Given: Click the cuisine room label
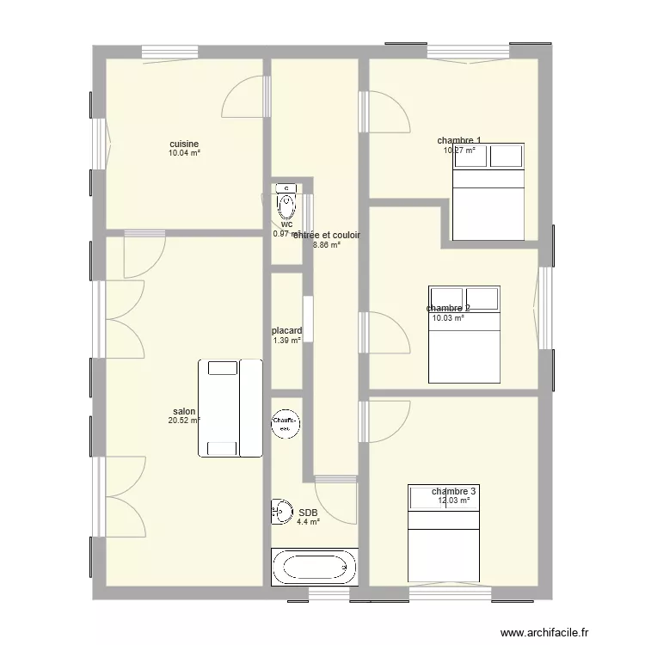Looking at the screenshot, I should pos(184,144).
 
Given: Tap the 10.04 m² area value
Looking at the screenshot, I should pos(184,153).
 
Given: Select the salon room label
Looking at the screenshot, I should pos(183,411).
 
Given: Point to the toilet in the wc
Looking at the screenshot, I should pos(286,205).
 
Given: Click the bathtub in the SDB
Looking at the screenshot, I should pos(314,567).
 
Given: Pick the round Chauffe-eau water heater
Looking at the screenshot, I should pos(285,422).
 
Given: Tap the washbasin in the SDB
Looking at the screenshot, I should pos(279,511).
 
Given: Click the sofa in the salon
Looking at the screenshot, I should pos(230,408).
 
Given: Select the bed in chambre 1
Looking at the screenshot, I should pos(488,191).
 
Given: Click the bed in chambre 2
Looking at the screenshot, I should pos(464,334).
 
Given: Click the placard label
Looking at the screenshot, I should pos(286,330).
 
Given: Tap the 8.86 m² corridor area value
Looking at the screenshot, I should pos(327,244).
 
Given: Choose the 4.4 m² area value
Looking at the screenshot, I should pos(308,521).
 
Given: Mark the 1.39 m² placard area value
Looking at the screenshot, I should pos(286,340).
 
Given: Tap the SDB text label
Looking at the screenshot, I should pos(308,512).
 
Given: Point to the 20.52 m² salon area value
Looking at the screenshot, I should pos(184,421).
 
